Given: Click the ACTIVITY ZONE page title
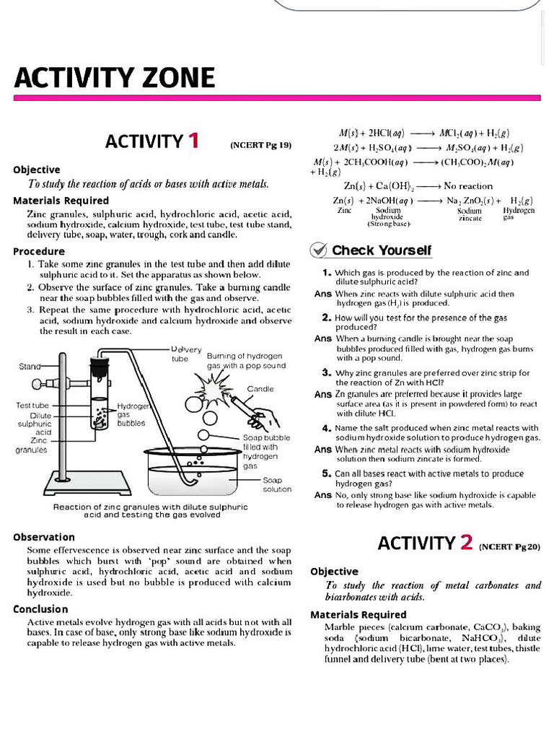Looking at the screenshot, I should (115, 77).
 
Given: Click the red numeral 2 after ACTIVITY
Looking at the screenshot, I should (465, 543).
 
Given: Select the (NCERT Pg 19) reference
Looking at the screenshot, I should (260, 145).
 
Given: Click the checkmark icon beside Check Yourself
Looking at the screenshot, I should (319, 250).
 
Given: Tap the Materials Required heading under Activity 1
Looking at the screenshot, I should (61, 201).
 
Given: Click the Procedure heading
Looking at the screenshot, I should (39, 251).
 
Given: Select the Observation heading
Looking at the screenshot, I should (44, 537).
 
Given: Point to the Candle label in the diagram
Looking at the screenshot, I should (260, 389).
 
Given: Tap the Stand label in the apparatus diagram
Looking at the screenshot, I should (30, 367).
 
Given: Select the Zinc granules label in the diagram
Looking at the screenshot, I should (32, 445).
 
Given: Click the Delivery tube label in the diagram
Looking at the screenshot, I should (186, 354).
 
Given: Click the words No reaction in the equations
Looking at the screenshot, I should (468, 185).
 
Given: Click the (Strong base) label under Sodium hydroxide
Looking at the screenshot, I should (389, 224).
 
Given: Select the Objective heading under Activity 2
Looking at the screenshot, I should (334, 571).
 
